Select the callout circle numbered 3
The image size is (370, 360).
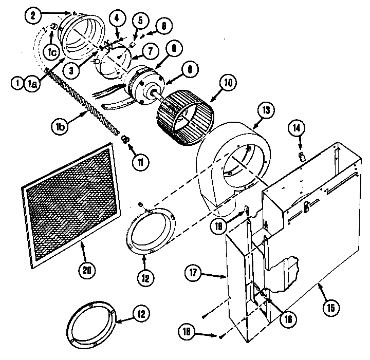coord(72,70)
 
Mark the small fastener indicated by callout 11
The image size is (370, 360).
coord(125,140)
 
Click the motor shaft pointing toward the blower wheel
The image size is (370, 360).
coord(156,94)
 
